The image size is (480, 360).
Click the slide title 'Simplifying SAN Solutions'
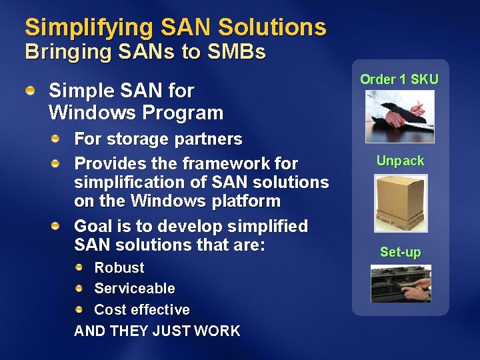coord(175,27)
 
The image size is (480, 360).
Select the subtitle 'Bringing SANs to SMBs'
coord(145,52)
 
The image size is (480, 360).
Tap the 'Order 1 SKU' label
coord(399,79)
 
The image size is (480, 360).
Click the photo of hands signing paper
coord(400,116)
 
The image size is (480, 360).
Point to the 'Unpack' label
coord(400,161)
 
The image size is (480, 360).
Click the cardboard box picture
coord(400,203)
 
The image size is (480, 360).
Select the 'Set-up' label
coord(400,252)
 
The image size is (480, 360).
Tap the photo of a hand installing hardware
coord(401,283)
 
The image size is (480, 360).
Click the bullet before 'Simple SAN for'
coord(31,89)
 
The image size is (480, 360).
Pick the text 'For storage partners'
coord(158,139)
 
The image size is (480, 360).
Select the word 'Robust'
coord(119,268)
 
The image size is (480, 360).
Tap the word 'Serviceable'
coord(135,289)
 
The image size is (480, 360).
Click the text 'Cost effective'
coord(142,310)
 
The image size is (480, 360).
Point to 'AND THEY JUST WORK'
coord(157,331)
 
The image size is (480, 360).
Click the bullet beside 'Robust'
coord(79,267)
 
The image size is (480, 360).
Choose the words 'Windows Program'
coord(136,113)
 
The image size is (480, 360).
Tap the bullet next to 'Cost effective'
coord(79,309)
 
